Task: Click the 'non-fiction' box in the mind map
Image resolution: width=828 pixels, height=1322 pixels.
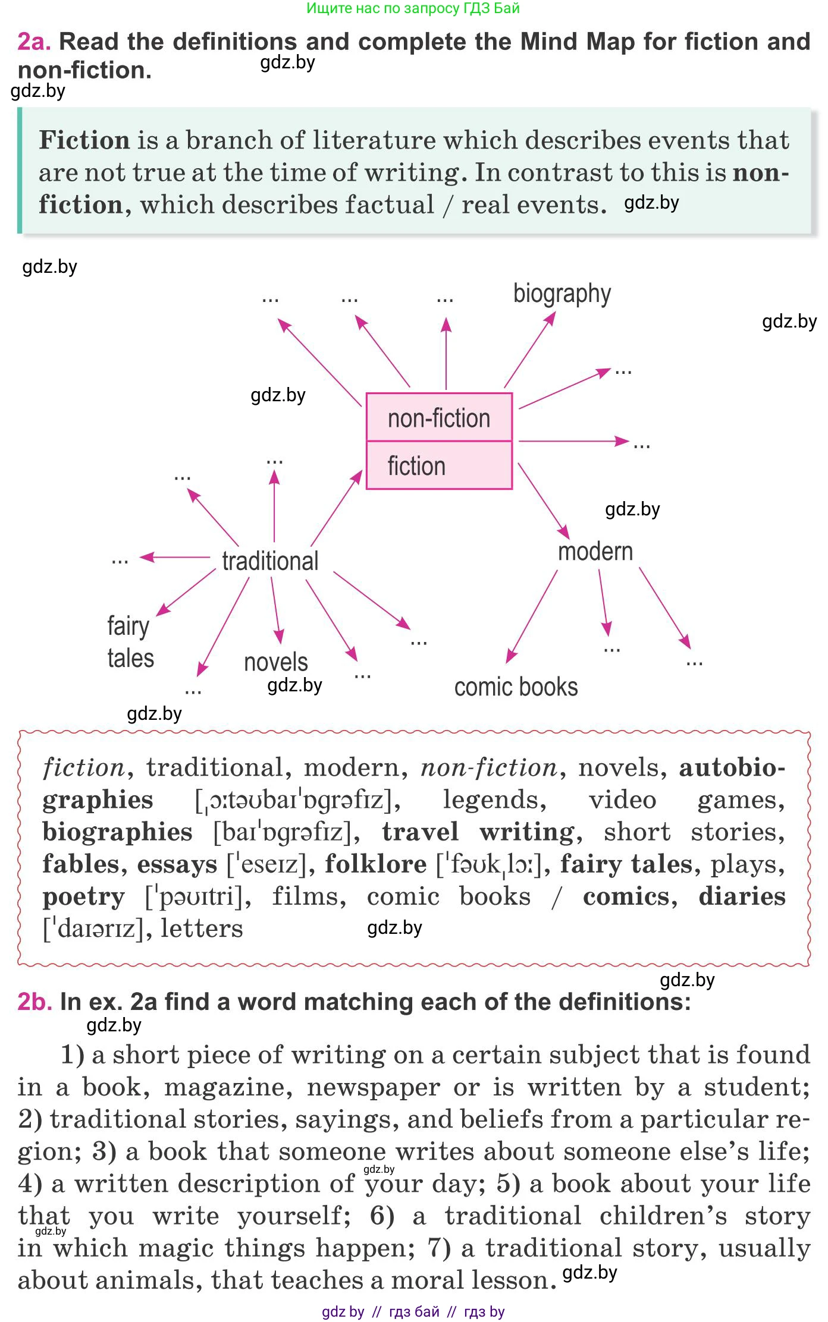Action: click(x=439, y=418)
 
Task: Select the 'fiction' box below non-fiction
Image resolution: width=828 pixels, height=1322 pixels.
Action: click(x=439, y=466)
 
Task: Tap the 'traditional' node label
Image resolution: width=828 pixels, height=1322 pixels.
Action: click(x=270, y=561)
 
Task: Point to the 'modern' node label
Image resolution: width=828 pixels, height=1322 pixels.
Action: click(x=595, y=552)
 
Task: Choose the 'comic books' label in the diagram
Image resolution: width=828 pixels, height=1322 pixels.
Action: click(x=516, y=687)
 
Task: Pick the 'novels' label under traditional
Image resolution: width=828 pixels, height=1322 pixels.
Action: click(x=276, y=662)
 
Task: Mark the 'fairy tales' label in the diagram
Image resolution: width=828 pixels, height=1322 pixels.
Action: click(x=130, y=642)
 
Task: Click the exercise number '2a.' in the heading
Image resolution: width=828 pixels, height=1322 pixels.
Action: click(x=34, y=42)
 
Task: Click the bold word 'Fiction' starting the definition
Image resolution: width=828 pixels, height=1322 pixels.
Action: click(x=84, y=141)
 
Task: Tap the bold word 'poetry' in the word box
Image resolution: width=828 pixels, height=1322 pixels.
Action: click(x=84, y=896)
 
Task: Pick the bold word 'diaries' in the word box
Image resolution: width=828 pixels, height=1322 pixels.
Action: click(x=742, y=896)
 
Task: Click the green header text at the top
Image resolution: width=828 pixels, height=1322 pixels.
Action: click(x=413, y=8)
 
